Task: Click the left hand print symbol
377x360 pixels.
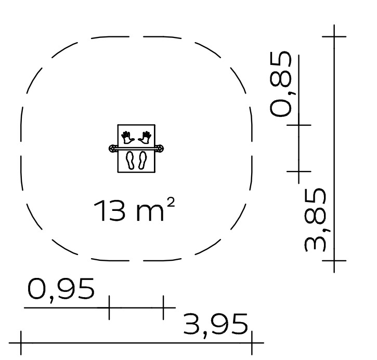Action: [127, 138]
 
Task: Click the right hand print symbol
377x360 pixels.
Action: [145, 138]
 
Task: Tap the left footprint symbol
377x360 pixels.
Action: [131, 160]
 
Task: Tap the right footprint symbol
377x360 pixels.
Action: [142, 160]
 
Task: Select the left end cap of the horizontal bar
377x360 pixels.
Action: [112, 149]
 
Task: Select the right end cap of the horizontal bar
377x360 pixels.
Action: [160, 149]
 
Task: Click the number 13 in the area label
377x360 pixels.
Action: [110, 211]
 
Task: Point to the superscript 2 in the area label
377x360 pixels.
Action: [171, 203]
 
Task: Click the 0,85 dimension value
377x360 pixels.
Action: [280, 84]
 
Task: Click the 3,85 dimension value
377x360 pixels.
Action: [316, 220]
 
